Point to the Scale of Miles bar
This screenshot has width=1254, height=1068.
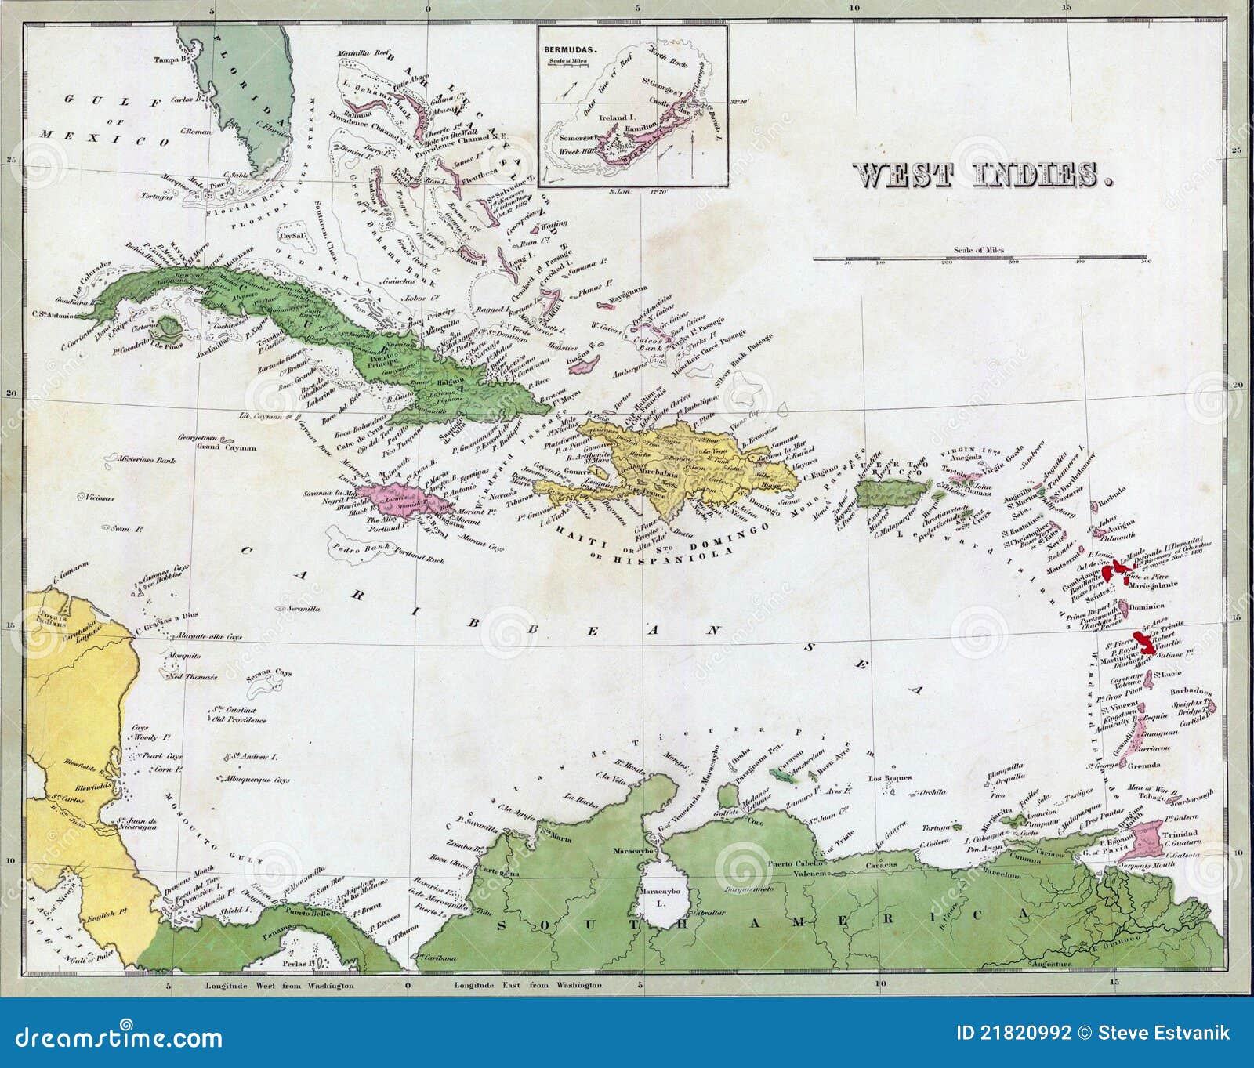point(980,257)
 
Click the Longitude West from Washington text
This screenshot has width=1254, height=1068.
point(280,986)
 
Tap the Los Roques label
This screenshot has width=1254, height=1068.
point(890,778)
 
